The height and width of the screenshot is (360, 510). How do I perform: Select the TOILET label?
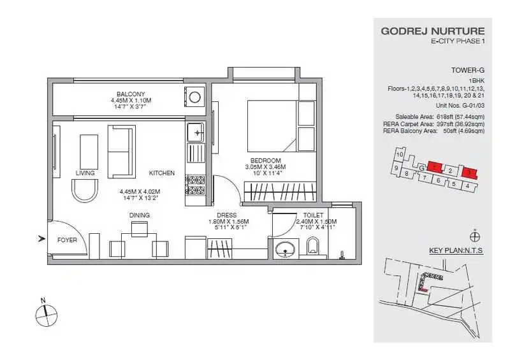tap(312, 215)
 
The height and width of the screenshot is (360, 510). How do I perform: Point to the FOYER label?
tap(67, 240)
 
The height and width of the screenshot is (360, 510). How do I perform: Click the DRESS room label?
tap(226, 215)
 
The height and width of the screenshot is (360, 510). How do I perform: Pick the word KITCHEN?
tap(162, 173)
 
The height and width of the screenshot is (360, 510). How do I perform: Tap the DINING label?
tap(140, 215)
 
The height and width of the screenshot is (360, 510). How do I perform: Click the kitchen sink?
tap(196, 133)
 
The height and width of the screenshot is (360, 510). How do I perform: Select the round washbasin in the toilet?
tap(284, 249)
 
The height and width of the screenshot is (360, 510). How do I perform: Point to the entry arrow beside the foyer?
tap(42, 239)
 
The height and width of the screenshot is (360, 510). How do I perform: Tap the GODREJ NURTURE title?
tap(432, 31)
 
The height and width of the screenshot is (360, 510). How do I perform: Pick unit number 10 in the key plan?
tap(399, 155)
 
